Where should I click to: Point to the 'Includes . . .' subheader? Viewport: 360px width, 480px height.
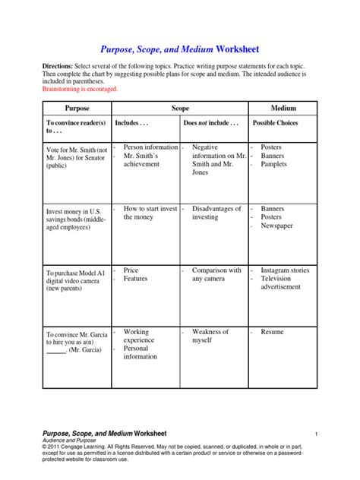(134, 122)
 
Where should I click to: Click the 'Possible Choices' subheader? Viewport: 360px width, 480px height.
(277, 122)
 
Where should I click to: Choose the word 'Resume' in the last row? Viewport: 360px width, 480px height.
(272, 332)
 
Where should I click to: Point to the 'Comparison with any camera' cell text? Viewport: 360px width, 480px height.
(216, 274)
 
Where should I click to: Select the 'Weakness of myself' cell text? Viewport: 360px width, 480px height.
(210, 336)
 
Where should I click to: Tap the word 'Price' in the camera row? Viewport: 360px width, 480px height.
(131, 270)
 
